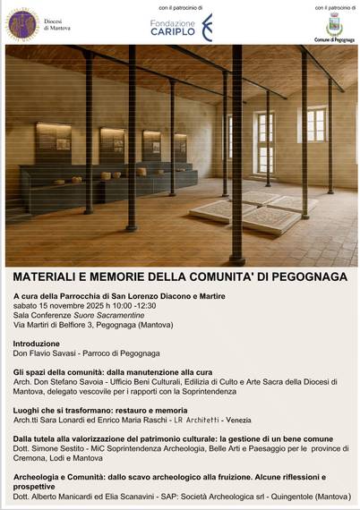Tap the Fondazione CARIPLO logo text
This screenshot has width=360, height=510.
(x=173, y=28)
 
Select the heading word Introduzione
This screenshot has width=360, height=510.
(x=37, y=343)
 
